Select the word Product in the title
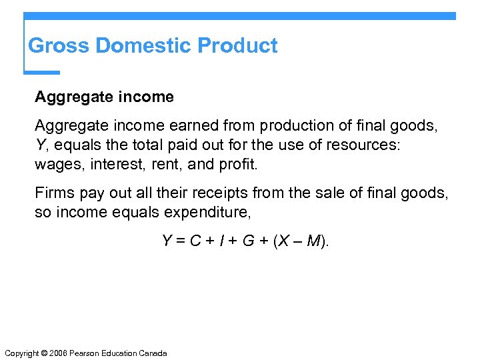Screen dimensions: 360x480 pos(238,46)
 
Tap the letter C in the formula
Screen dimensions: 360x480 pos(195,241)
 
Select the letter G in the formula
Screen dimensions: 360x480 pos(248,241)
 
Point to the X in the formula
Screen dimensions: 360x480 pos(283,241)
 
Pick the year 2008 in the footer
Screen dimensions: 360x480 pos(57,353)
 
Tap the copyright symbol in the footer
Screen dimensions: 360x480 pos(41,353)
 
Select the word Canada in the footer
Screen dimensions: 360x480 pos(153,353)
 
